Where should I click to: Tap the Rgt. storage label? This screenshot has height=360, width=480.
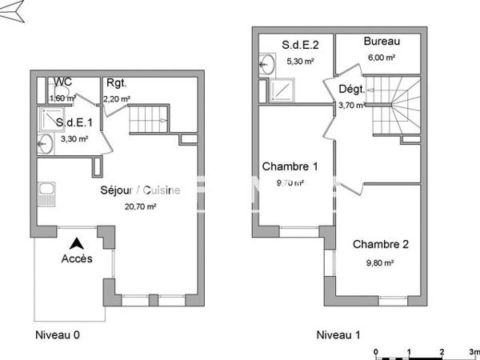click(116, 83)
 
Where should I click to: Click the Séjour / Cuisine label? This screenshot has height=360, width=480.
click(139, 190)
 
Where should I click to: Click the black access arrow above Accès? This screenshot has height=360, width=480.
click(77, 242)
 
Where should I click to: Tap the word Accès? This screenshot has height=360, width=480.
click(77, 258)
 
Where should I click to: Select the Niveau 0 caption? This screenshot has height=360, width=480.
click(58, 334)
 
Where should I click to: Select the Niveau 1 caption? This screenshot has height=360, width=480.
click(338, 334)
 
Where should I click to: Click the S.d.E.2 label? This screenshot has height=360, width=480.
click(300, 43)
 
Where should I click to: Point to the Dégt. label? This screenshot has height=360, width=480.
click(352, 90)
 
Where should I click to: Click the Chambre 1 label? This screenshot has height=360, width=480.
click(290, 167)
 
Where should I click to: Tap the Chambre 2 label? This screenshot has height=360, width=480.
click(381, 244)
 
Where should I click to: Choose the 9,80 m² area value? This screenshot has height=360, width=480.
click(381, 262)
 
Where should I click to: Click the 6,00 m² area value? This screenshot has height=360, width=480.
click(381, 58)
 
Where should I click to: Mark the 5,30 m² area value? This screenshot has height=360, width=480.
click(300, 60)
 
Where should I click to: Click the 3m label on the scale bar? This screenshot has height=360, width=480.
click(474, 352)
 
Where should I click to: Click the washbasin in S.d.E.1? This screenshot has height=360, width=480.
click(46, 145)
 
